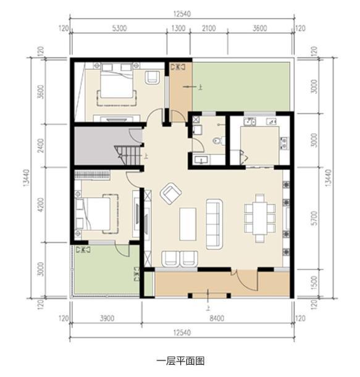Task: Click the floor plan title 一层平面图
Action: pos(180,360)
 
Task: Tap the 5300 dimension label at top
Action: pos(119,28)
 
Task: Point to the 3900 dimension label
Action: pos(106,318)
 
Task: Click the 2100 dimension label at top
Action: pos(209,28)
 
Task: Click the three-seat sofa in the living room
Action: pos(214,223)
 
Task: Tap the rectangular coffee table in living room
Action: pos(188,223)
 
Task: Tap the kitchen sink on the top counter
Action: pos(249,122)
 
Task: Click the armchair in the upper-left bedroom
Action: pos(153,77)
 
